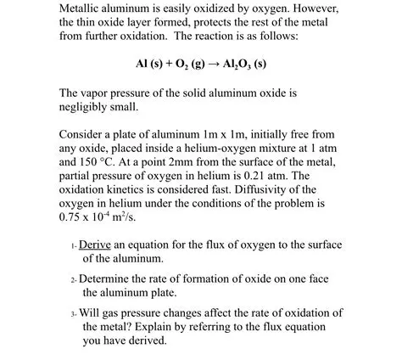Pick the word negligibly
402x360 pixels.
click(86, 108)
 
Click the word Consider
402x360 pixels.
click(82, 134)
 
